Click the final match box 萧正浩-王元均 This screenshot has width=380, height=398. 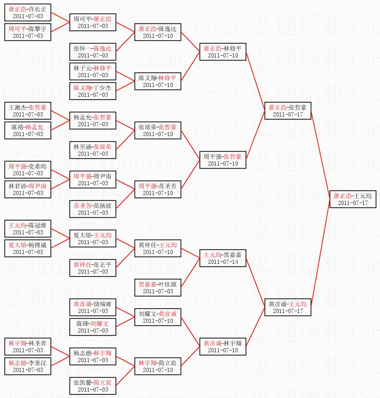coord(353,199)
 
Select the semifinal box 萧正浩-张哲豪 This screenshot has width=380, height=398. coord(288,111)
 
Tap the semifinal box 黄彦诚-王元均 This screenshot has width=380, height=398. coord(288,307)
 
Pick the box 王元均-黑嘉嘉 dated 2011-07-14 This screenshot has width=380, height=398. coord(223,258)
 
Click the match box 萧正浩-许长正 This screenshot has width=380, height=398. coord(28,12)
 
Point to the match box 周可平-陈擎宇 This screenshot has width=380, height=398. coord(28,32)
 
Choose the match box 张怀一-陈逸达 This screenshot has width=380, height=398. coord(93,52)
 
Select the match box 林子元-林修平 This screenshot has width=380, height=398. coord(93,71)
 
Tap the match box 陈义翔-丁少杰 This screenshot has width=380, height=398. coord(93,91)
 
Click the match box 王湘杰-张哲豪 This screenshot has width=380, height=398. coord(28,111)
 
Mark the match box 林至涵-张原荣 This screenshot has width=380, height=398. coord(93,150)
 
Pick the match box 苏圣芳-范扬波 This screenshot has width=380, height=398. coord(93,209)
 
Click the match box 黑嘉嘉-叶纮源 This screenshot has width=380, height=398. coord(158,288)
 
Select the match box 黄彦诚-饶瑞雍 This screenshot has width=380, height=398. coord(93,307)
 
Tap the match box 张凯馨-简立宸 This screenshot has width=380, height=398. coord(93,386)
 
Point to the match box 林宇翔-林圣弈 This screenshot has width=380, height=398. coord(28,347)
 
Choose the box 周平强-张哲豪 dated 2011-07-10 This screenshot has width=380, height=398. coord(223,160)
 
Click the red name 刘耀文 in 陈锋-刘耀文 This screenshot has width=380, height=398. coord(99,324)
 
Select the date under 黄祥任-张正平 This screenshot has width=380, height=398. coord(93,272)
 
